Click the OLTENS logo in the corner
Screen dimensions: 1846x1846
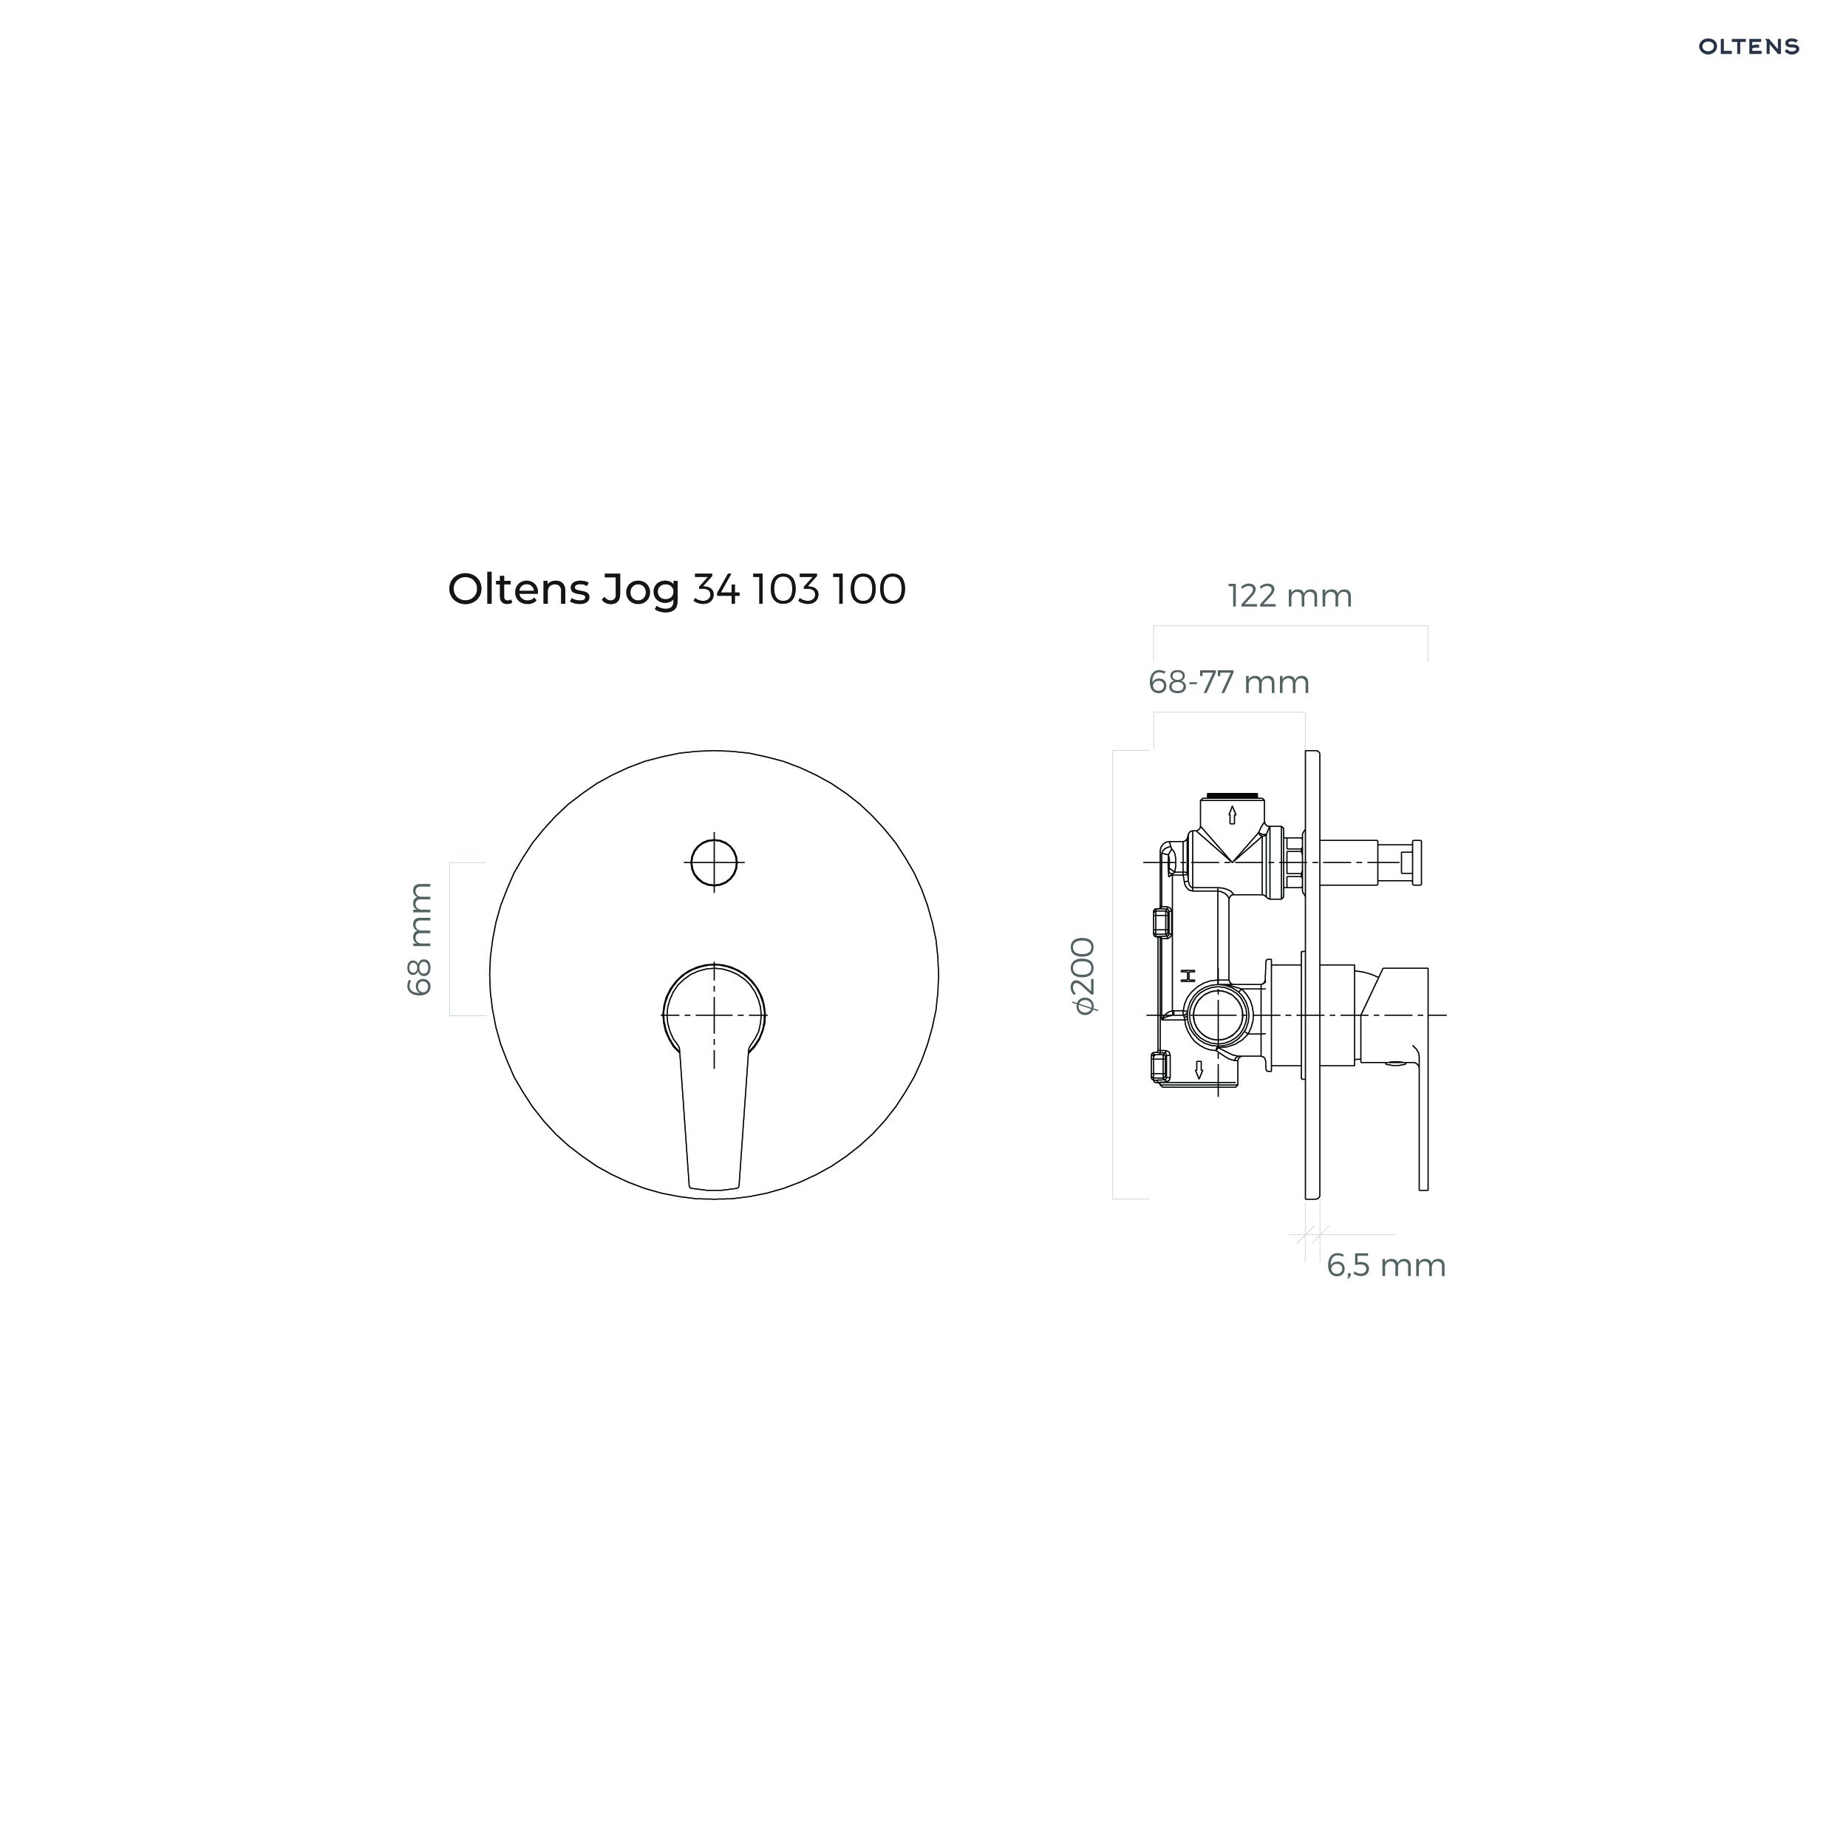[x=1748, y=47]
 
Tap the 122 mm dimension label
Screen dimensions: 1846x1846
[x=1290, y=596]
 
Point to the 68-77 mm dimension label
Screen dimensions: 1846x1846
[x=1229, y=682]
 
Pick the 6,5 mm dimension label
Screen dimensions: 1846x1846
[x=1386, y=1265]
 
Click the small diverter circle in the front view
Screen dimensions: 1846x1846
[x=714, y=863]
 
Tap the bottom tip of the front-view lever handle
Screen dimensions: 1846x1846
[x=715, y=1190]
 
